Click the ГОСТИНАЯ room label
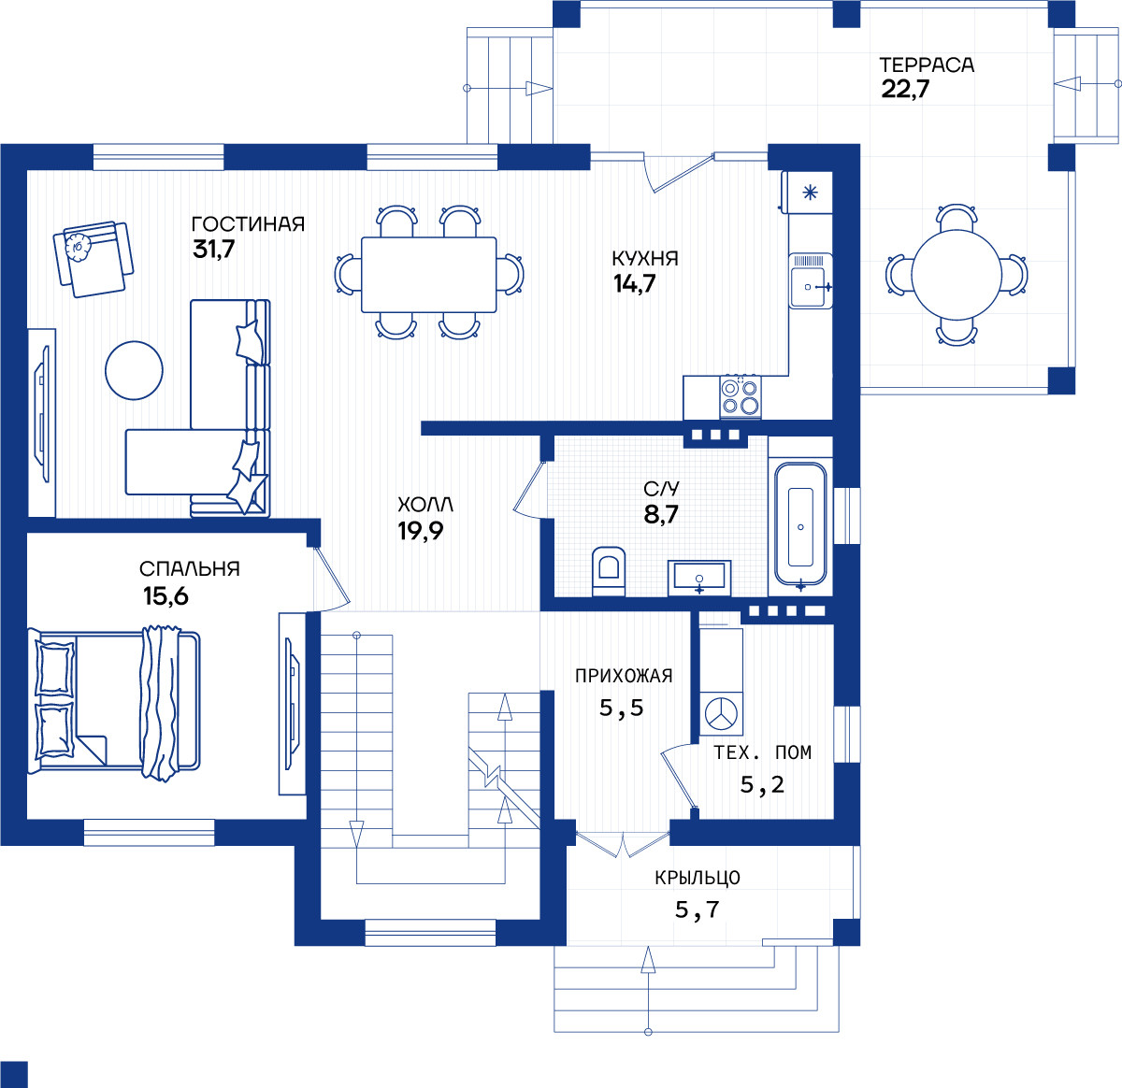click(248, 224)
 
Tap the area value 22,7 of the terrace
click(905, 90)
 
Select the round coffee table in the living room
click(134, 370)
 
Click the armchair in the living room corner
click(93, 259)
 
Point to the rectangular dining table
click(429, 275)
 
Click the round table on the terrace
click(957, 275)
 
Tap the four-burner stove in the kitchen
click(741, 396)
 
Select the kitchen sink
click(811, 280)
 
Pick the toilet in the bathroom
click(609, 571)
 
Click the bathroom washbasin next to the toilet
click(699, 578)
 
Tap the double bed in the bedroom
click(115, 703)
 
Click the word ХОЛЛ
click(425, 505)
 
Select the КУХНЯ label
click(645, 259)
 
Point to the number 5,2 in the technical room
click(762, 785)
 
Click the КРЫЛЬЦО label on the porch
click(698, 878)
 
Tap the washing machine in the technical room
click(721, 714)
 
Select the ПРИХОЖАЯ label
click(624, 676)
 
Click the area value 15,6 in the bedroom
click(166, 596)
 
